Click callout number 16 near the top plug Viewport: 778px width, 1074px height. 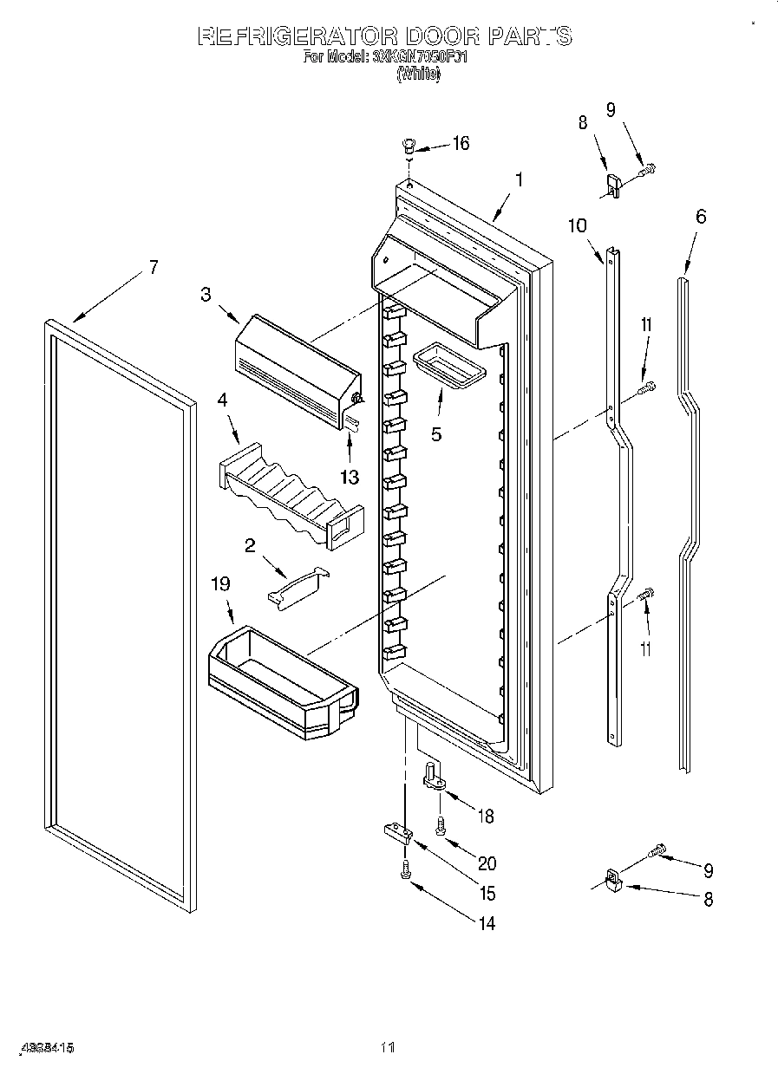click(460, 143)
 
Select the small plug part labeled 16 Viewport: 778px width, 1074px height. click(410, 146)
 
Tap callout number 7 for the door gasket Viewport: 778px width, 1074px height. click(153, 267)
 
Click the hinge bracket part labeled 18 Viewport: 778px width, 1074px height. click(435, 776)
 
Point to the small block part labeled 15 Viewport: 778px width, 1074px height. click(398, 833)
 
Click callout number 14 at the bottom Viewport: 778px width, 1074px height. click(487, 924)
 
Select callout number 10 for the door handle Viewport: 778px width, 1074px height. click(578, 226)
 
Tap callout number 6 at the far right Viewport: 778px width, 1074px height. click(700, 216)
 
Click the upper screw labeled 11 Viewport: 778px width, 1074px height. click(646, 390)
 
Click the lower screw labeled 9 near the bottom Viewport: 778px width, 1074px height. click(660, 853)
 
